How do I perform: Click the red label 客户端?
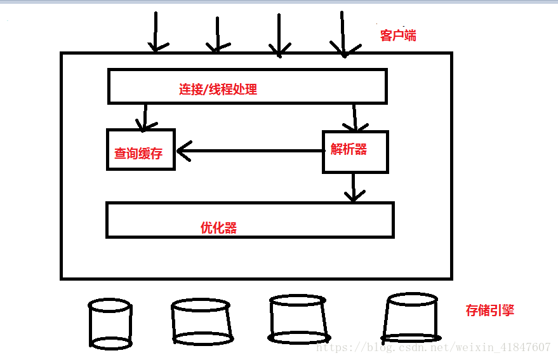click(x=398, y=36)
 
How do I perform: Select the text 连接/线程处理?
click(x=218, y=89)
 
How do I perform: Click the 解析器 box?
click(x=354, y=151)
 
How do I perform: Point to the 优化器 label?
click(x=218, y=227)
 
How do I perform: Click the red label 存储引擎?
click(x=489, y=310)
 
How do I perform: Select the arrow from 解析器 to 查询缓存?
click(x=254, y=151)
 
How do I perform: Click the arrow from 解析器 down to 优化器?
click(x=354, y=187)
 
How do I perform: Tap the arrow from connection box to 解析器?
click(x=355, y=117)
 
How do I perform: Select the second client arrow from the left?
click(x=217, y=35)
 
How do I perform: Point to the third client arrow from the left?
click(x=278, y=35)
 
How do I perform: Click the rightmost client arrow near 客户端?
click(x=342, y=33)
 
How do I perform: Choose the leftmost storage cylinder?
click(x=110, y=324)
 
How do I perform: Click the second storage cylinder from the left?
click(x=201, y=321)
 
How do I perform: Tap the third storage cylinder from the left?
click(x=298, y=319)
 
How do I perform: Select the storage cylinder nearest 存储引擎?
click(x=412, y=316)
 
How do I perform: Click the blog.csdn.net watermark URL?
click(x=433, y=347)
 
